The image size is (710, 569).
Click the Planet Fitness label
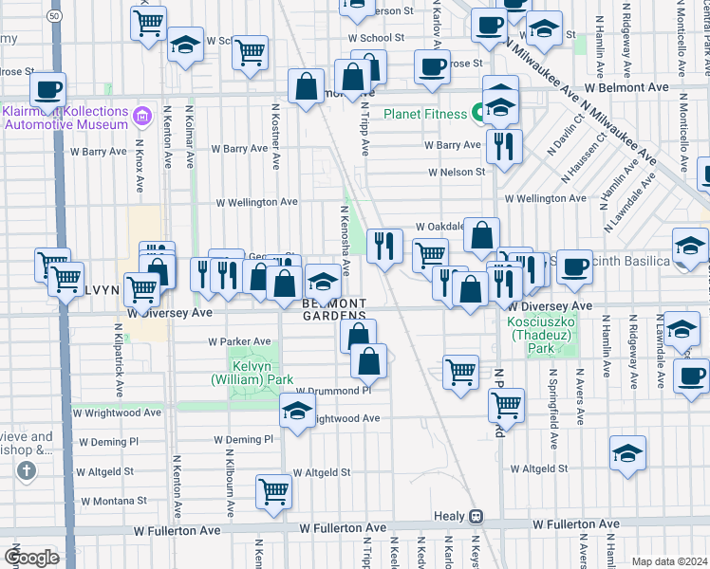[x=424, y=114]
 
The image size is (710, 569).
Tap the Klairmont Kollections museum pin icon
[x=141, y=118]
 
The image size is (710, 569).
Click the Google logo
[x=31, y=557]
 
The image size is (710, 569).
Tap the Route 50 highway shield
[x=56, y=16]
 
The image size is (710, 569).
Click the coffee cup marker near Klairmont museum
[x=47, y=91]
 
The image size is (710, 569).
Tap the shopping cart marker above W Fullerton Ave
[x=273, y=491]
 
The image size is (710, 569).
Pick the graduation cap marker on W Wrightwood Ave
[x=297, y=412]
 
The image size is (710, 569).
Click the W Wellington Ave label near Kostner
[x=256, y=202]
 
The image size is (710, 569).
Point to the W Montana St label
[x=113, y=501]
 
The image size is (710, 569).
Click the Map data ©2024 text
[x=669, y=561]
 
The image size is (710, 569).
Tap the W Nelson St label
[x=456, y=173]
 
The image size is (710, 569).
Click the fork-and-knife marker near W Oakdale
[x=384, y=247]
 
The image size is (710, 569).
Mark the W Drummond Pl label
[x=332, y=391]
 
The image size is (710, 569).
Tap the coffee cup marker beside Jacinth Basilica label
[x=573, y=266]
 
